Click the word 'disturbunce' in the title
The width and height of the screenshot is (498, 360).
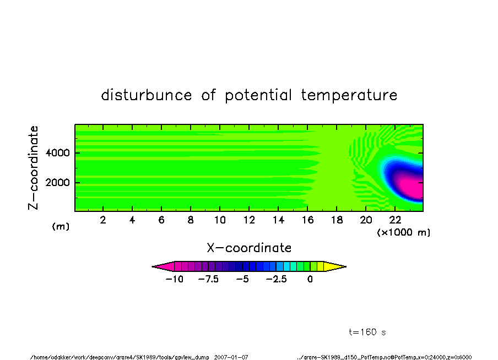point(147,95)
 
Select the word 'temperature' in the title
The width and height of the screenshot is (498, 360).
point(349,95)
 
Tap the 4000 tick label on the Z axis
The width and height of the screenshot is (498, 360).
point(57,153)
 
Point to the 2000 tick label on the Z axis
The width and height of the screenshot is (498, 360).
point(57,183)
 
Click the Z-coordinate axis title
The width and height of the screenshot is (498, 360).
point(33,168)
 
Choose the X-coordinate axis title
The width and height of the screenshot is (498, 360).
point(249,248)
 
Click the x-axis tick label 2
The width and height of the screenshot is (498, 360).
point(103,220)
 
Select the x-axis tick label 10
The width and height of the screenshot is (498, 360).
point(220,220)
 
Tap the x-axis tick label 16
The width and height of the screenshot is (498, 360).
point(307,220)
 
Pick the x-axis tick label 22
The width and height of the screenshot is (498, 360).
point(395,220)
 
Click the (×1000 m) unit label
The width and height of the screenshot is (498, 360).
point(403,232)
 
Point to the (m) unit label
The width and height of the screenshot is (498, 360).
point(61,226)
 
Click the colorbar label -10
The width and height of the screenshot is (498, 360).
point(175,279)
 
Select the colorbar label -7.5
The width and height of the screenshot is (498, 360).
point(208,279)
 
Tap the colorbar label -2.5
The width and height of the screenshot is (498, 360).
point(277,279)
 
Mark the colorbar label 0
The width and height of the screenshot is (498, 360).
point(310,279)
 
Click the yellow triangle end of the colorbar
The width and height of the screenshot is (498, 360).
point(335,266)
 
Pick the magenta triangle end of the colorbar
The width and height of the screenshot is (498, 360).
point(163,266)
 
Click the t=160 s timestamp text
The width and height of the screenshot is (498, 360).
point(367,332)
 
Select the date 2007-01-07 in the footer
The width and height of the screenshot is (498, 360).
point(231,357)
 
